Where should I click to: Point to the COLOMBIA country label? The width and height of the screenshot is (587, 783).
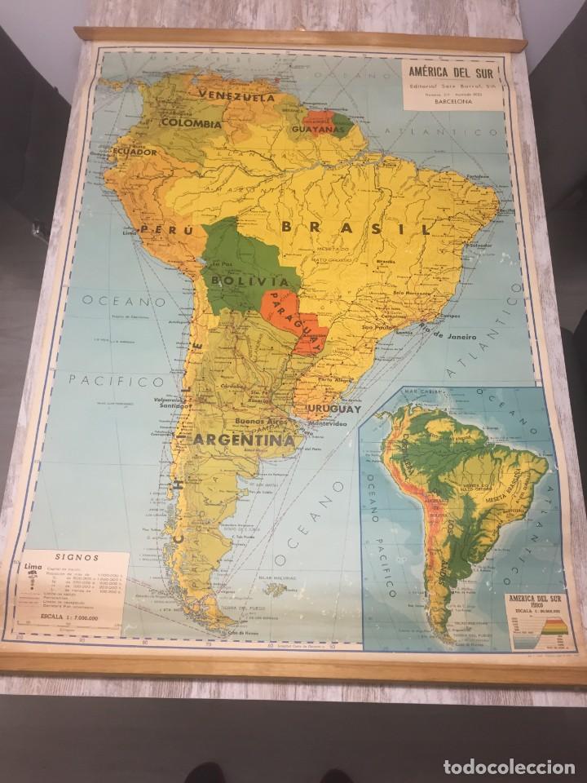click(x=191, y=123)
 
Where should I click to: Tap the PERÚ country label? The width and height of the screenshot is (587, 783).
click(x=157, y=230)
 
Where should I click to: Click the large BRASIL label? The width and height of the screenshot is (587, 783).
click(x=355, y=228)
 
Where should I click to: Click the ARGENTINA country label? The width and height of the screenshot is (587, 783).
click(x=242, y=440)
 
